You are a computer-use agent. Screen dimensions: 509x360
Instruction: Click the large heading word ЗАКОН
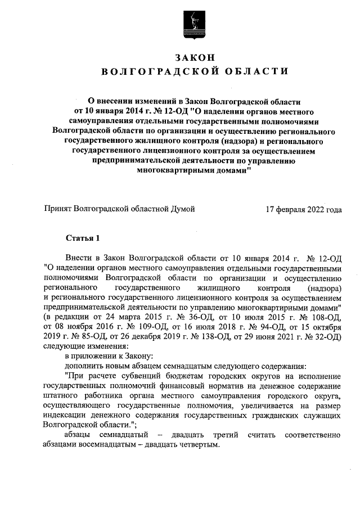194,57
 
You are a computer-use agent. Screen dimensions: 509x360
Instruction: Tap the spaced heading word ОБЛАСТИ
253,71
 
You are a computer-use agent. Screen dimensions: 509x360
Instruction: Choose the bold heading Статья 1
82,238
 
